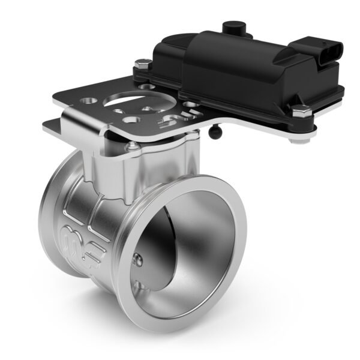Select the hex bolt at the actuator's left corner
(x=141, y=63)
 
